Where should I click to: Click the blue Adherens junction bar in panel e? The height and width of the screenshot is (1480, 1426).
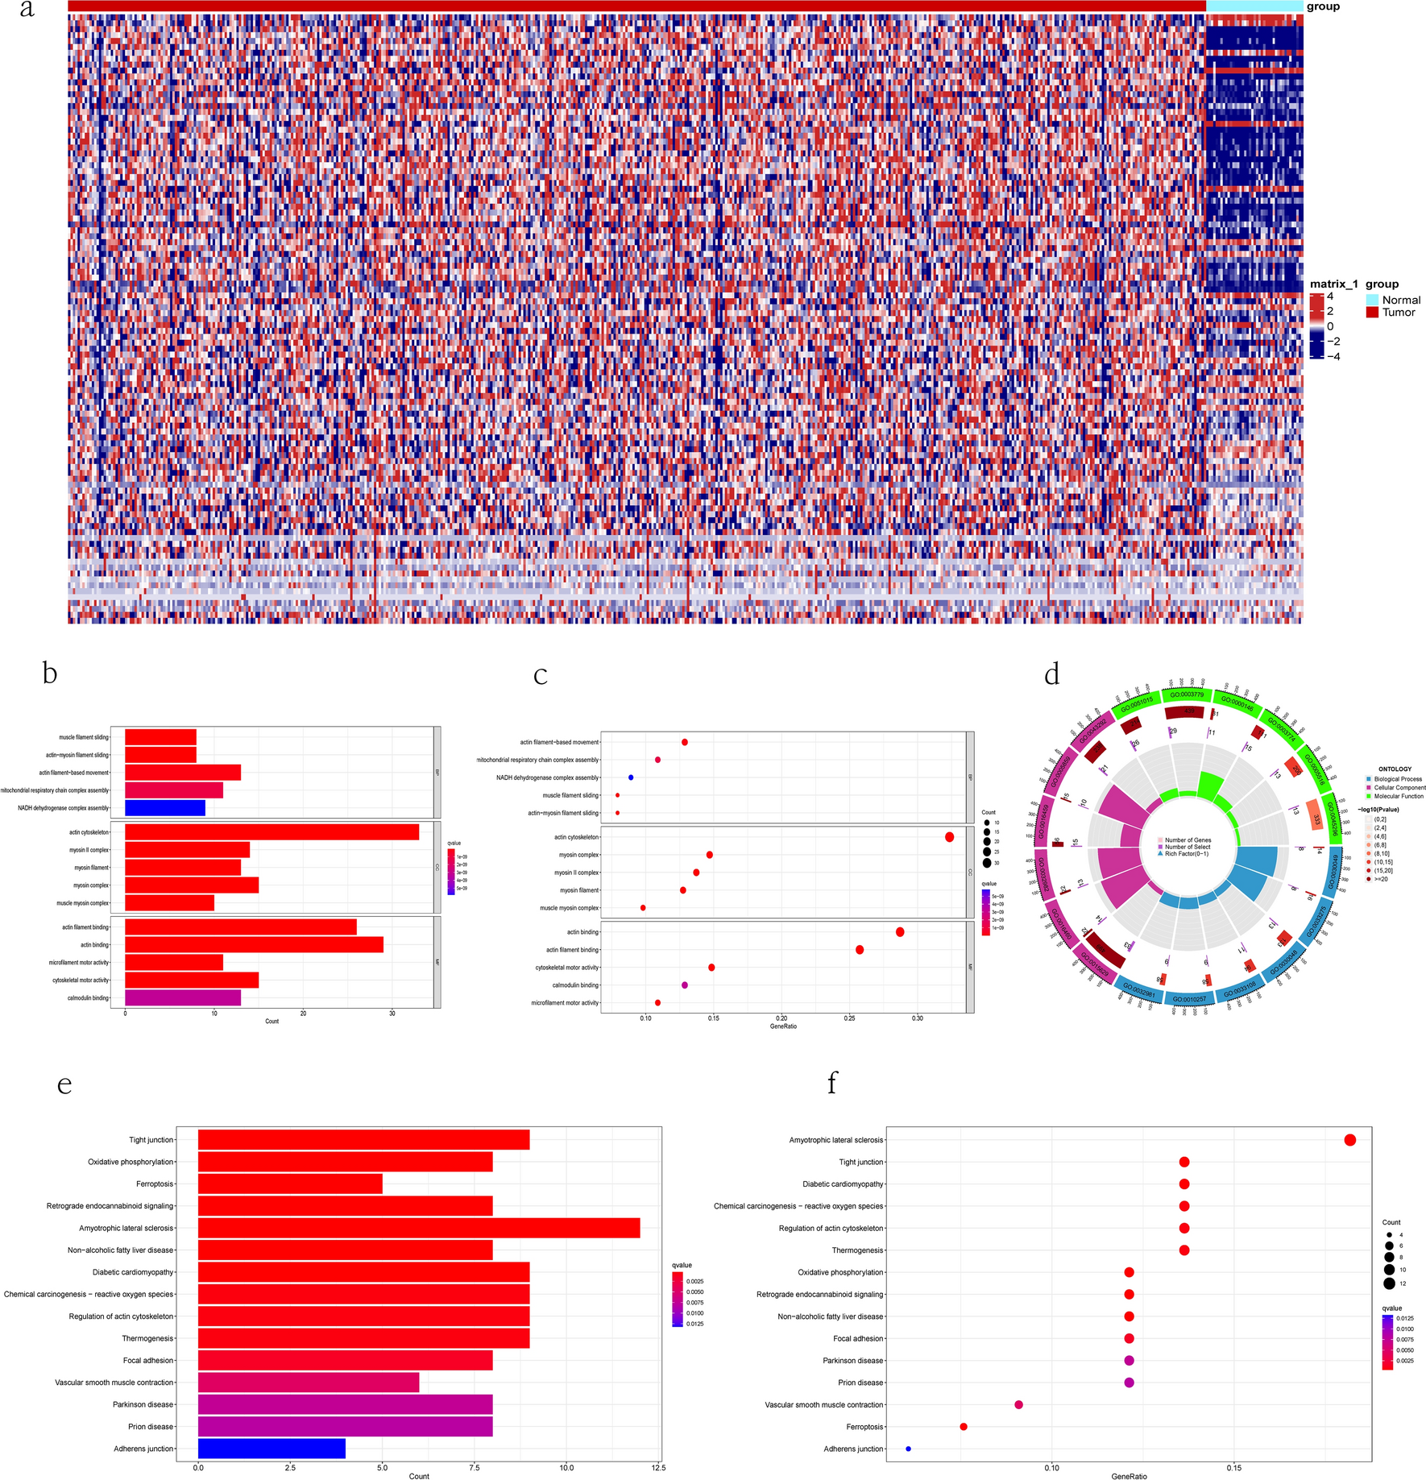point(272,1448)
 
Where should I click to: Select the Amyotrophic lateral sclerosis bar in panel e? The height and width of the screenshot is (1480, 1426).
point(419,1228)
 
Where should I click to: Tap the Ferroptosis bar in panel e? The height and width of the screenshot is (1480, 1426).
point(290,1184)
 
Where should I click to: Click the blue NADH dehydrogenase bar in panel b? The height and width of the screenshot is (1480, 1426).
point(165,808)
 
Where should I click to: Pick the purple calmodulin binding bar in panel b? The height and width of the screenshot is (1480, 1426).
point(183,997)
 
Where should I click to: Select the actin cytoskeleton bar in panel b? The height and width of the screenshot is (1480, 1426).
point(272,832)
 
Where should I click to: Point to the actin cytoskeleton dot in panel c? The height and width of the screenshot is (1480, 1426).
point(949,837)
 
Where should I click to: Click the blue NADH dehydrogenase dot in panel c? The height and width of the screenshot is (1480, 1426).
point(631,777)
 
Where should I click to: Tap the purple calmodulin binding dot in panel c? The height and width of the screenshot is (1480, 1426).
point(685,985)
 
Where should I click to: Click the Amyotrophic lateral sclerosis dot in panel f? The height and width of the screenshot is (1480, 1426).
point(1350,1140)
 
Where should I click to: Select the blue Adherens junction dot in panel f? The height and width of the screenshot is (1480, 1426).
point(908,1449)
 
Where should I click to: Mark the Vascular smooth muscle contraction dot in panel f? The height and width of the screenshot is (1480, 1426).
point(1018,1404)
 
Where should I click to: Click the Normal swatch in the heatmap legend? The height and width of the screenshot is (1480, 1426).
point(1372,300)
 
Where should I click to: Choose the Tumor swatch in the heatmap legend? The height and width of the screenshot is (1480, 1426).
point(1372,313)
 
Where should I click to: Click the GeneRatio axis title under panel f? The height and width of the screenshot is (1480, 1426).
point(1129,1476)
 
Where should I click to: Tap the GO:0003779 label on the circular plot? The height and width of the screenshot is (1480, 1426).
point(1187,694)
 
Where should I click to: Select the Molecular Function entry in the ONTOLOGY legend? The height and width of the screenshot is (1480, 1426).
point(1369,796)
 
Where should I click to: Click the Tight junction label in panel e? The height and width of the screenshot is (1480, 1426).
point(151,1140)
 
